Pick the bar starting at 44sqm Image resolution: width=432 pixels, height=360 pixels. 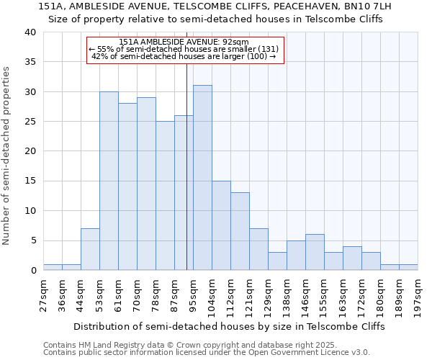point(90,249)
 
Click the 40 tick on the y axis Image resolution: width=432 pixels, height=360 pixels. point(30,32)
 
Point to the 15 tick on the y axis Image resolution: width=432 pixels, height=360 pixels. point(30,181)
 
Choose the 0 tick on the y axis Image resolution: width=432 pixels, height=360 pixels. point(32,270)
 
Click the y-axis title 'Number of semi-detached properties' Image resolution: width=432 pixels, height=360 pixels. point(7,155)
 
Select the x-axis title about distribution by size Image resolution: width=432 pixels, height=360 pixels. point(229,326)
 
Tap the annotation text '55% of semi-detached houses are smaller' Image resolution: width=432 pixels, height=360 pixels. point(184,50)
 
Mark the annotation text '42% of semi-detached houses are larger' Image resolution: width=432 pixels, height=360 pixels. point(184,56)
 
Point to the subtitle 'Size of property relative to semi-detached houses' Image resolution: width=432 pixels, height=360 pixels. point(215,19)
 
